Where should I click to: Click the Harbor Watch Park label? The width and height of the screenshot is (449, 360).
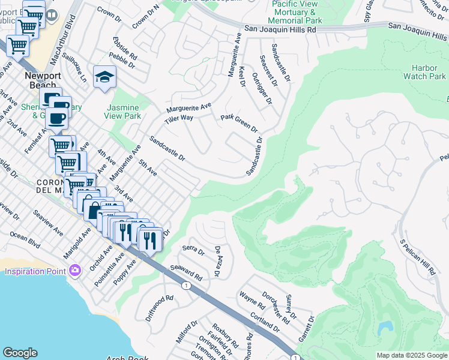pyautogui.click(x=424, y=72)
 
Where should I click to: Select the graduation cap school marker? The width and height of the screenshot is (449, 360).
pyautogui.click(x=104, y=77)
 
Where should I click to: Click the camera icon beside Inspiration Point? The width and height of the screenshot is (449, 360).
pyautogui.click(x=74, y=271)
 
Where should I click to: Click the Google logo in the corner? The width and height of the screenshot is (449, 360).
pyautogui.click(x=20, y=353)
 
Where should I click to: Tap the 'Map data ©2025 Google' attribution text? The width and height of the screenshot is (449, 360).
pyautogui.click(x=411, y=355)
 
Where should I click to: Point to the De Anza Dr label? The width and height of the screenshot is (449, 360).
pyautogui.click(x=218, y=262)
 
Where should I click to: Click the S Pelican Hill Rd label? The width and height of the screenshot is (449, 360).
pyautogui.click(x=418, y=257)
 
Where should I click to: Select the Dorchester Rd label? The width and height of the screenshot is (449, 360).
pyautogui.click(x=275, y=304)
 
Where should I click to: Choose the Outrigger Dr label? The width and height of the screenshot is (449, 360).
pyautogui.click(x=262, y=88)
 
